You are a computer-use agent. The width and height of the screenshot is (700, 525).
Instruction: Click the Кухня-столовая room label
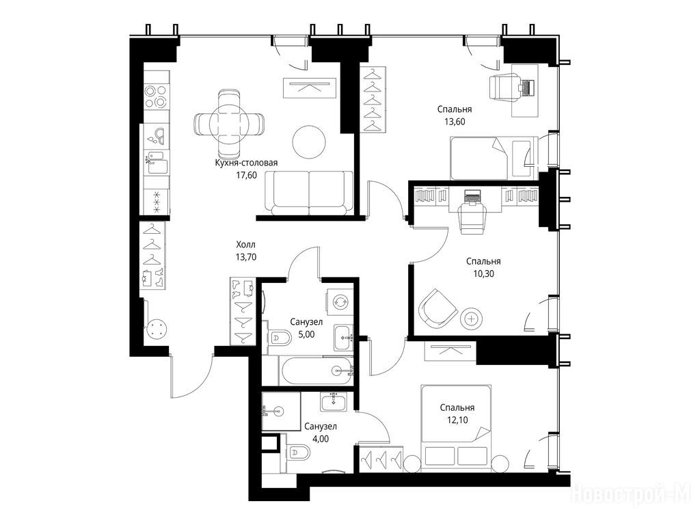click(x=246, y=163)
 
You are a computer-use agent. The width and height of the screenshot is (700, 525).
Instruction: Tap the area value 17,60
click(x=246, y=175)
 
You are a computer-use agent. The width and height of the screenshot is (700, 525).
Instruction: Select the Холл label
click(x=246, y=245)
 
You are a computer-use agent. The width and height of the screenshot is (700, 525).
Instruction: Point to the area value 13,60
click(x=455, y=122)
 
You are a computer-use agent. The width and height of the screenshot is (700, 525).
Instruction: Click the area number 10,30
click(x=483, y=273)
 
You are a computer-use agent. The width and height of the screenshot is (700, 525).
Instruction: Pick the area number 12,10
click(x=457, y=420)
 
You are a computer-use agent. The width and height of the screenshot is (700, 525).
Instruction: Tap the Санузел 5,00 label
click(x=306, y=327)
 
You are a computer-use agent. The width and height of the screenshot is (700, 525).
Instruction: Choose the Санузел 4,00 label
click(x=321, y=432)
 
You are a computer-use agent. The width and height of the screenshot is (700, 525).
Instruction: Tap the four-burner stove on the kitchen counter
click(x=156, y=96)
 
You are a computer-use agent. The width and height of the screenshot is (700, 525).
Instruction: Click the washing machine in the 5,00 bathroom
click(x=340, y=301)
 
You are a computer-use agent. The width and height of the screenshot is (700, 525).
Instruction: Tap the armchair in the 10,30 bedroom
click(x=437, y=308)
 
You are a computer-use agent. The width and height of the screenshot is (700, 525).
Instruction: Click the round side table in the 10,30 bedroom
click(x=472, y=319)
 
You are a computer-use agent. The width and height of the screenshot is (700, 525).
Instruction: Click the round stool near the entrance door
click(x=156, y=330)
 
